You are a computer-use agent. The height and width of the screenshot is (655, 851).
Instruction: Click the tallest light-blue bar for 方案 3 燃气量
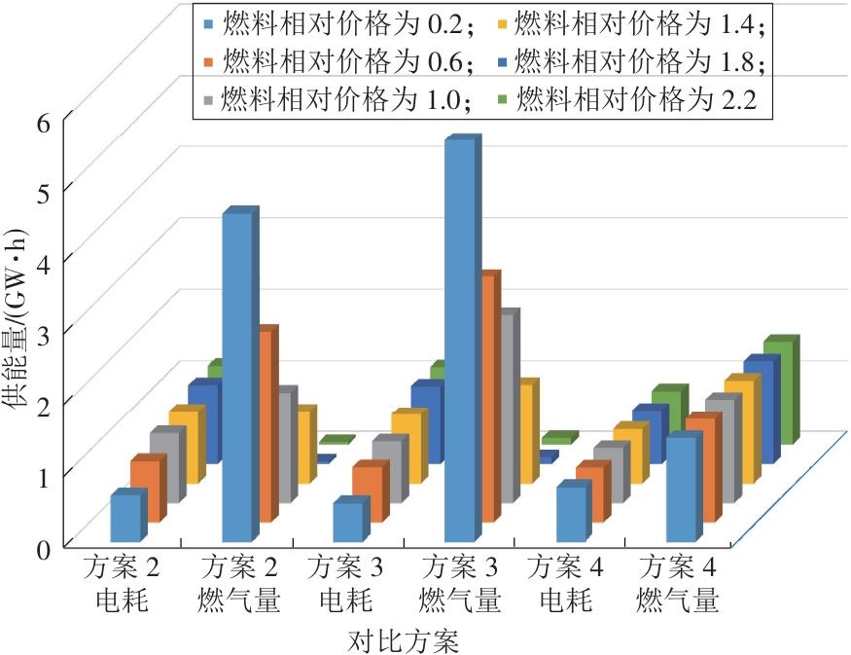coord(460,341)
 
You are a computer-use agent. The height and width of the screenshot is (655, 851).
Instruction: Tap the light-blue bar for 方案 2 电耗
coord(125,518)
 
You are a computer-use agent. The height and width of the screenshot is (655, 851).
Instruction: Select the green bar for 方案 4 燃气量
coord(781,389)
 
